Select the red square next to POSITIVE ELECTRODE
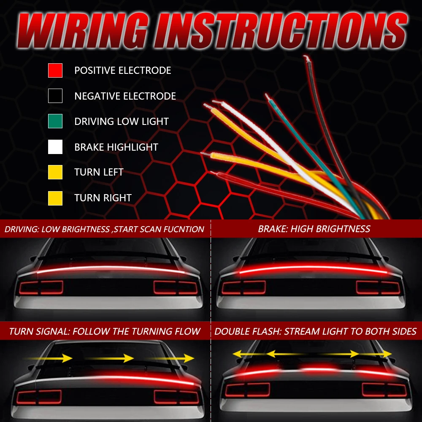pos(55,70)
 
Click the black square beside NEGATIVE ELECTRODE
pos(55,96)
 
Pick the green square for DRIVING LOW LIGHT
pos(55,121)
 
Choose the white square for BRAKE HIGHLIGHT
pos(55,147)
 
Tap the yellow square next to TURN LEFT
pos(55,172)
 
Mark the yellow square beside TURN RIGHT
pos(55,198)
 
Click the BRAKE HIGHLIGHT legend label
pos(116,147)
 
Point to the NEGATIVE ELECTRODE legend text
pos(125,96)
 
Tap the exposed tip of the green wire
pos(268,97)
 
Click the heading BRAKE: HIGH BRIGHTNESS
pos(314,229)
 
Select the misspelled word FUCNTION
pos(184,230)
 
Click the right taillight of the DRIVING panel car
pos(176,287)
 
